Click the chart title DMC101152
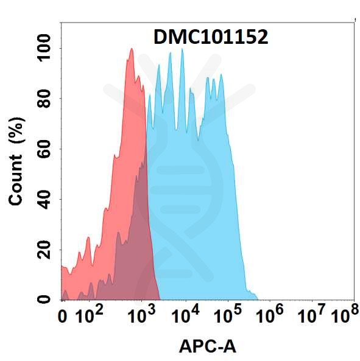(210, 38)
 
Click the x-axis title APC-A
(207, 346)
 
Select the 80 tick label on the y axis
(44, 99)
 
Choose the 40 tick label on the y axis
(44, 199)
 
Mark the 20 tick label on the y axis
(44, 250)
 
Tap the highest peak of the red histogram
(131, 49)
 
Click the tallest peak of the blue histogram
(182, 49)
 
